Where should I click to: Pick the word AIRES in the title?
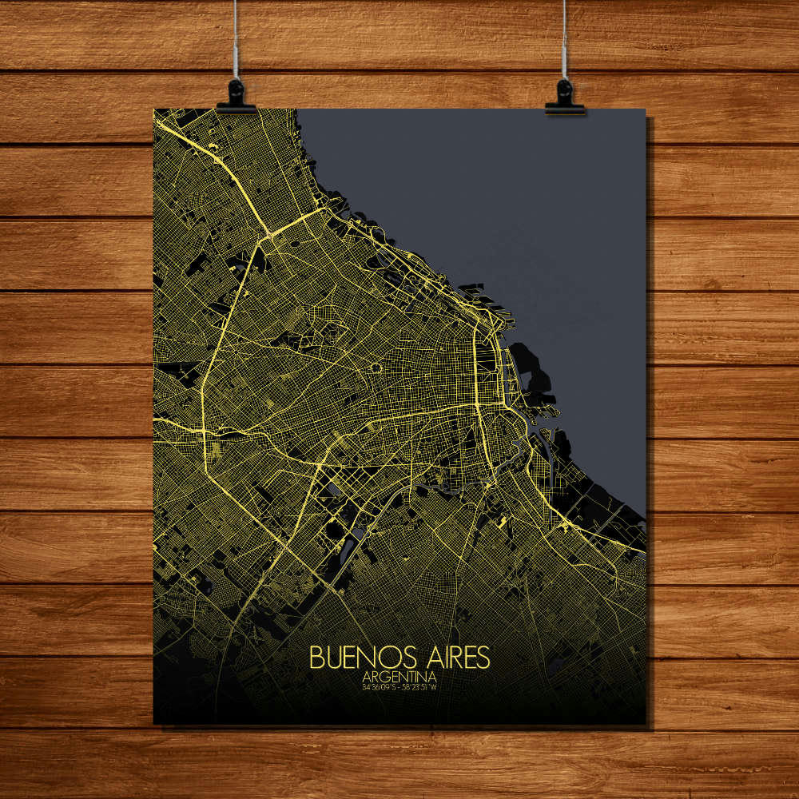[453, 658]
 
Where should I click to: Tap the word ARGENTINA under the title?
[399, 676]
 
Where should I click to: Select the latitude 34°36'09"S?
[379, 686]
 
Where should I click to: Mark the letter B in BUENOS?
[316, 658]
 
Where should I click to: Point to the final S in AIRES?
[483, 658]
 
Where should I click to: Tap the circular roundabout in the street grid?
[376, 369]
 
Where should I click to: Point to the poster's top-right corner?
[645, 109]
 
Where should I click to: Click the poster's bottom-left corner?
[154, 723]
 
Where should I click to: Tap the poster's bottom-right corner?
[645, 723]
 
